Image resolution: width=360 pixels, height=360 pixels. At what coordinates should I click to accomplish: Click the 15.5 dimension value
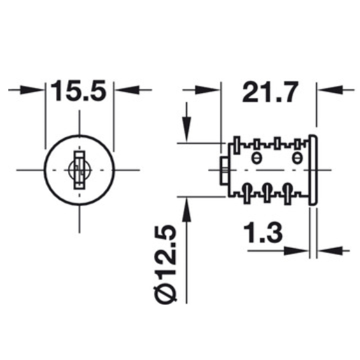pos(78,90)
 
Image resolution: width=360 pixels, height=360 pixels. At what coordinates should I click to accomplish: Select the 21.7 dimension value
pos(270,92)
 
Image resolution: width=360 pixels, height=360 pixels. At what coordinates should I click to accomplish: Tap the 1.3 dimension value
pos(263,232)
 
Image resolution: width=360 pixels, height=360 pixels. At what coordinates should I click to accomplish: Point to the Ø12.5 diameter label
pos(165,265)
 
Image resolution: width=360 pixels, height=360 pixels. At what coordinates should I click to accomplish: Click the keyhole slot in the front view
pos(80,170)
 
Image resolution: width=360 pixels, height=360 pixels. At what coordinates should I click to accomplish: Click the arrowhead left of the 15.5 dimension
pos(32,90)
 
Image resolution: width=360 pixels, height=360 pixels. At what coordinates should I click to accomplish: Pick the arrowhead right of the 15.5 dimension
pos(127,90)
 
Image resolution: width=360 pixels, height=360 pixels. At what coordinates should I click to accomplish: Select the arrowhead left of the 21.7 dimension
pos(208,90)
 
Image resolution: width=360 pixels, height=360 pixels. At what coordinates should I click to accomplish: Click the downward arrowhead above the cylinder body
pos(186,130)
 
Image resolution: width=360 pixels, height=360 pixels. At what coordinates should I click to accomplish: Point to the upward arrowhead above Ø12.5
pos(186,210)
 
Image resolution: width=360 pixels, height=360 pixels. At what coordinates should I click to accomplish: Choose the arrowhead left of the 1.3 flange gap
pos(296,251)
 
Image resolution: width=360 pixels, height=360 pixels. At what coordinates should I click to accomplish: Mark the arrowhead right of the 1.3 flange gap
pos(330,251)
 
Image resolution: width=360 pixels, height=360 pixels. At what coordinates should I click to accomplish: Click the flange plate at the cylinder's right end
pos(313,170)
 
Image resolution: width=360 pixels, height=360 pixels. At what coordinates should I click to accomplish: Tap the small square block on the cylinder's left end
pos(225,171)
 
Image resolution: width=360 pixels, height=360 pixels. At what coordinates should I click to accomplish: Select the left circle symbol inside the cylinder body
pos(256,158)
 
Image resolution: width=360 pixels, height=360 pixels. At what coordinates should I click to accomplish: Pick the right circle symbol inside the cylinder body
pos(297,158)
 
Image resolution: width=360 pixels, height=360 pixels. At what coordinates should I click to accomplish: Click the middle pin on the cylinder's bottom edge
pos(267,193)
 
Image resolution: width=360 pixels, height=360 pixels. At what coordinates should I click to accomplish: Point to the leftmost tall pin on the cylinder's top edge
pos(237,145)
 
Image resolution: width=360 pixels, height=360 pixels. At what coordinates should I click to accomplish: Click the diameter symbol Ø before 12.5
pos(165,294)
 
